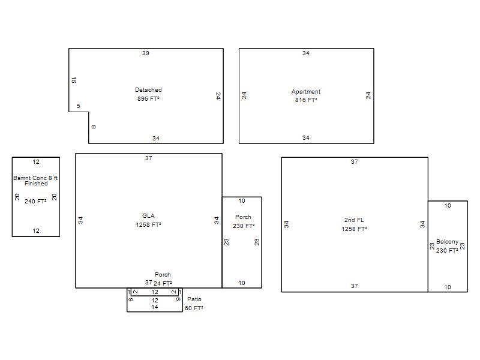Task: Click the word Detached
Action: pos(148,89)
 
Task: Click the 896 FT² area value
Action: pos(148,98)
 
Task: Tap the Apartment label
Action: pos(306,92)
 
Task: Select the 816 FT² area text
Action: pos(306,100)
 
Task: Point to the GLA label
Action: pos(148,215)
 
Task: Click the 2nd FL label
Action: pos(354,220)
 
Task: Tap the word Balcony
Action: pos(447,242)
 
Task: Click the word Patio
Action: pos(194,299)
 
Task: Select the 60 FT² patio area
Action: pos(194,308)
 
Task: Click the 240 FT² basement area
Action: pos(35,201)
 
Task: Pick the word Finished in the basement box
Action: pos(36,184)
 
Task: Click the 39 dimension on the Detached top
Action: pos(145,53)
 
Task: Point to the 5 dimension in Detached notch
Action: pos(79,106)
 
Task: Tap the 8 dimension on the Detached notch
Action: pos(94,127)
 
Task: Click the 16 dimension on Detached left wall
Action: pos(73,80)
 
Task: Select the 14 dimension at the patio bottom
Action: pos(155,307)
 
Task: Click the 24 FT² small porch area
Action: pos(163,283)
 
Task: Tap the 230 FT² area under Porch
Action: pos(244,226)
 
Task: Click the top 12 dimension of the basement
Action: pos(36,161)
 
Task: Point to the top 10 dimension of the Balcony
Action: pos(448,206)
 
